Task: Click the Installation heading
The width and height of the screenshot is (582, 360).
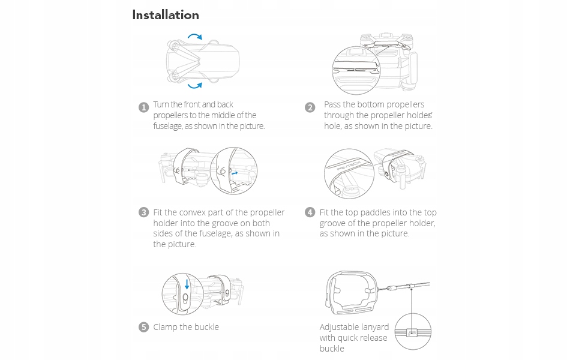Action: [166, 15]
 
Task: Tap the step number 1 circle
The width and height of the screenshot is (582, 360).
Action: [143, 107]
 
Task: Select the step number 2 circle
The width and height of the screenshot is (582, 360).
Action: [310, 107]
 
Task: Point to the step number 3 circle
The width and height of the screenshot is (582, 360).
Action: [143, 212]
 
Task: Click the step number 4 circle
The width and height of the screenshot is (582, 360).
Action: [310, 212]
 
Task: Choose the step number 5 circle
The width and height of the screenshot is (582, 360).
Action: [143, 327]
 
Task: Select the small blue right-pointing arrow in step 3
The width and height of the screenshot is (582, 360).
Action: [235, 173]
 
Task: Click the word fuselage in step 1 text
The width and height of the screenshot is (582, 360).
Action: [167, 126]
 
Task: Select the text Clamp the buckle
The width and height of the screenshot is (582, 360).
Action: [186, 327]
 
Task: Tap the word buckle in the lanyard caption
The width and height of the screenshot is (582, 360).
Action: [332, 349]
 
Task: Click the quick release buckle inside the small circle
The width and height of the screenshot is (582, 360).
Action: [413, 332]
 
